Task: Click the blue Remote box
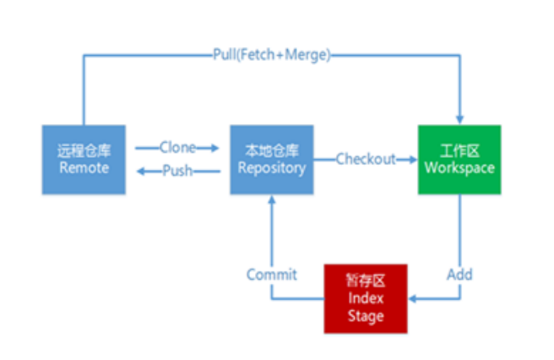[84, 160]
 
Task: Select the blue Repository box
[272, 160]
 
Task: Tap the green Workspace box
[459, 160]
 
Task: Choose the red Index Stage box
[366, 298]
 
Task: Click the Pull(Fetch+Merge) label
[272, 55]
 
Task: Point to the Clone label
[177, 148]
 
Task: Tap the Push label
[177, 171]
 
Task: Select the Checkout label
[366, 159]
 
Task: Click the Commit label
[272, 275]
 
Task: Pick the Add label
[459, 275]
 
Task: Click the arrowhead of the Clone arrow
[215, 148]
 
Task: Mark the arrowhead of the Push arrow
[141, 172]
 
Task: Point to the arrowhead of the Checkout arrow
[413, 160]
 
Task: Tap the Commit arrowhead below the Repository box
[272, 199]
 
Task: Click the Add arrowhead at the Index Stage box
[413, 299]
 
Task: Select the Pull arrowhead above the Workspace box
[459, 119]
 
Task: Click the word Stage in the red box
[366, 316]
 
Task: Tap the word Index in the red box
[366, 298]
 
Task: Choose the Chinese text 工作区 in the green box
[459, 151]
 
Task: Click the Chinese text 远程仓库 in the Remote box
[84, 151]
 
